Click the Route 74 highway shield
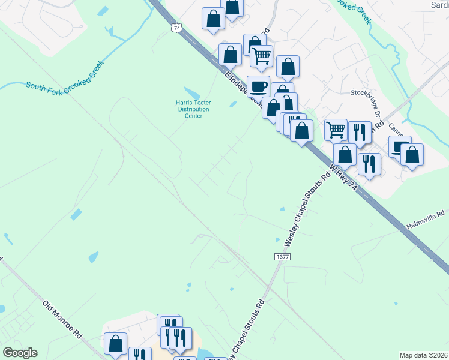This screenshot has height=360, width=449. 176,28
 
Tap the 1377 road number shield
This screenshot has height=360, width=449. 282,257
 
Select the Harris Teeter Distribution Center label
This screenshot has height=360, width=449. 193,109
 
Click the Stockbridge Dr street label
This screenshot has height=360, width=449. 366,93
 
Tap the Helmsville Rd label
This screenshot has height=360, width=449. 425,214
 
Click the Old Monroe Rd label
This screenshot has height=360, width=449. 62,321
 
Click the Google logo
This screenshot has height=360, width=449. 19,353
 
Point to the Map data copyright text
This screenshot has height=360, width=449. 424,355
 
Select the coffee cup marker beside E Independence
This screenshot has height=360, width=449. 259,86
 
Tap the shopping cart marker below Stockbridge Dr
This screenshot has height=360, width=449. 336,129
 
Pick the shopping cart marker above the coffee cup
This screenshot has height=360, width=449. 261,56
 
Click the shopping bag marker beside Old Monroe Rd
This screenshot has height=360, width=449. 115,343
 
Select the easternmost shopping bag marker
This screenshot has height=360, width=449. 412,154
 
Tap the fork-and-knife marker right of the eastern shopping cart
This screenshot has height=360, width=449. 360,131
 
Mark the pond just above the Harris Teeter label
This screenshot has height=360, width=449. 191,93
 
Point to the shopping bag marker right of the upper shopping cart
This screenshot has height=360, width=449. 288,67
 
